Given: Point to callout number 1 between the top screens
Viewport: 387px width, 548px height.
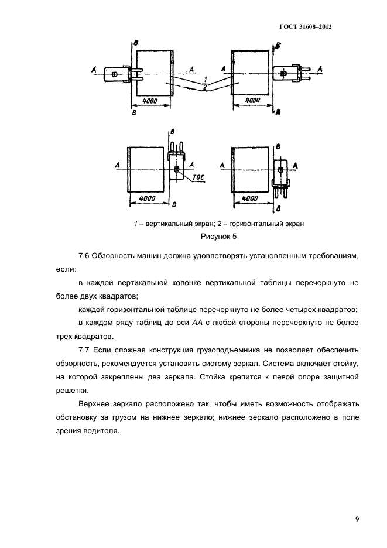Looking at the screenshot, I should point(206,78).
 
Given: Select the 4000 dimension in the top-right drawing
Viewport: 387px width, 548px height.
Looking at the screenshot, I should point(252,101).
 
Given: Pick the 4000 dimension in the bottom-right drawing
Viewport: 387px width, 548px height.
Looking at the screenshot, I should point(249,199).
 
